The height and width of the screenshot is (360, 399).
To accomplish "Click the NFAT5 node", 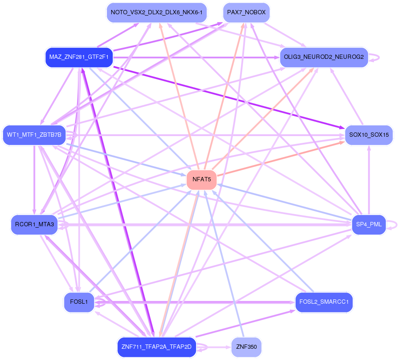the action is tap(202, 180).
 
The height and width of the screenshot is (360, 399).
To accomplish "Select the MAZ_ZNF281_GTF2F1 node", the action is tap(79, 57).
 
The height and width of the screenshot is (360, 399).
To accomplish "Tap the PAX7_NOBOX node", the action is tap(246, 13).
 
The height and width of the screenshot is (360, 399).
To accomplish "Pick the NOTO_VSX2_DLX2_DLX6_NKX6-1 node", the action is tap(157, 13).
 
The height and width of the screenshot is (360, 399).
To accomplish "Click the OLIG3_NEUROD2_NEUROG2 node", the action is tap(324, 57).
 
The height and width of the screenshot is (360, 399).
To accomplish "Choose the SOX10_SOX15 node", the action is tap(369, 135).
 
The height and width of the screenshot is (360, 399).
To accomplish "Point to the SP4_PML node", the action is tap(369, 225).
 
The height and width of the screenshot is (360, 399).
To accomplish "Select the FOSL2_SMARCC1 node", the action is tap(324, 302).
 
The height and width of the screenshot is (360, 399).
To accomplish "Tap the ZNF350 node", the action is tap(246, 347).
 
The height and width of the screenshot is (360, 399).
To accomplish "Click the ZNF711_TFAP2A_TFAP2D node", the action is tap(157, 347).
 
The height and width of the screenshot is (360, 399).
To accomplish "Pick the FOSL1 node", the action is tap(79, 302).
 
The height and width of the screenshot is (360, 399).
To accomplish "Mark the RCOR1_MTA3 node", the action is tap(34, 225).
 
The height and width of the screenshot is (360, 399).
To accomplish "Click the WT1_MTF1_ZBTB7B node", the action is tap(34, 135).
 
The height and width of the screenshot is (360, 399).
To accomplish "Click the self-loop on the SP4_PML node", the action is tap(392, 225).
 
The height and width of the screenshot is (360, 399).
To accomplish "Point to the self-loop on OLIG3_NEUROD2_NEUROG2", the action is tap(374, 58).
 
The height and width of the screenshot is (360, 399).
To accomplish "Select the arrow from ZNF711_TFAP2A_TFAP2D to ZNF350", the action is tap(214, 347).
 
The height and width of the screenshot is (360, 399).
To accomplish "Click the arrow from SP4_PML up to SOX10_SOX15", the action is tap(369, 180).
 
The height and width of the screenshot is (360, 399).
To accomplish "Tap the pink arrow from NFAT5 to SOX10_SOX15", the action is tap(281, 158).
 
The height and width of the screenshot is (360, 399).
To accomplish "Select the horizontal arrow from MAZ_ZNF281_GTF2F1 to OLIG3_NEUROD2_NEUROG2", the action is tap(196, 58).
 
